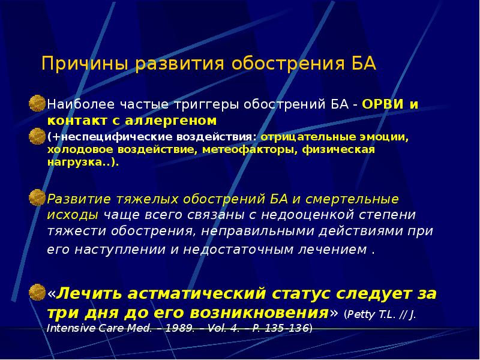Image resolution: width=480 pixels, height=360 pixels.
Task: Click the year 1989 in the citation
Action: click(176, 329)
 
